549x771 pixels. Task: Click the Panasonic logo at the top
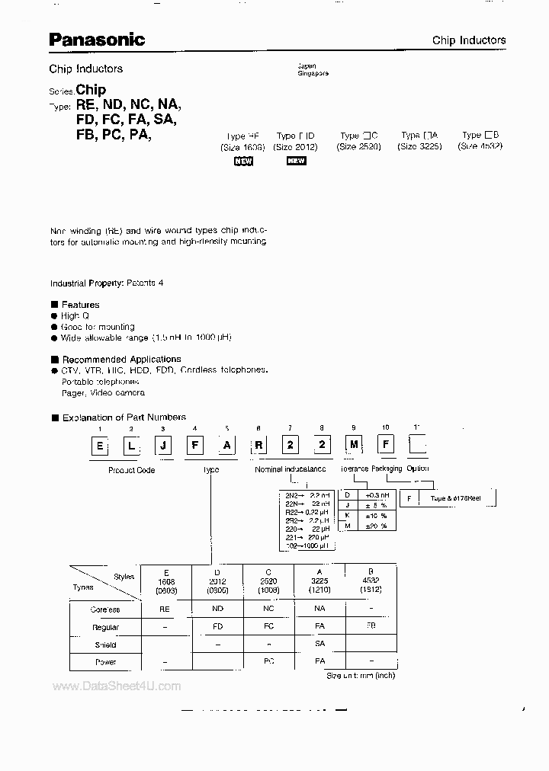pyautogui.click(x=97, y=39)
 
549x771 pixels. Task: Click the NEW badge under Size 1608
pyautogui.click(x=243, y=161)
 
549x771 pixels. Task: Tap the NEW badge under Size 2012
pyautogui.click(x=296, y=161)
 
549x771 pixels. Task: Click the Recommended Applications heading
pyautogui.click(x=121, y=359)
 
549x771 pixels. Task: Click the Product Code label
pyautogui.click(x=132, y=470)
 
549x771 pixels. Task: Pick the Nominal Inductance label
pyautogui.click(x=291, y=469)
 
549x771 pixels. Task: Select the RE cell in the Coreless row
pyautogui.click(x=164, y=609)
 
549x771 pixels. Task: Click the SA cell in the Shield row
pyautogui.click(x=320, y=645)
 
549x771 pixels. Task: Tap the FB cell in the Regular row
pyautogui.click(x=371, y=627)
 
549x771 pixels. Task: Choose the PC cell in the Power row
pyautogui.click(x=269, y=662)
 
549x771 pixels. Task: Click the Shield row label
pyautogui.click(x=106, y=645)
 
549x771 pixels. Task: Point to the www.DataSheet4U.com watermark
pyautogui.click(x=117, y=686)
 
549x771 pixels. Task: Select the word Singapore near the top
pyautogui.click(x=313, y=73)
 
